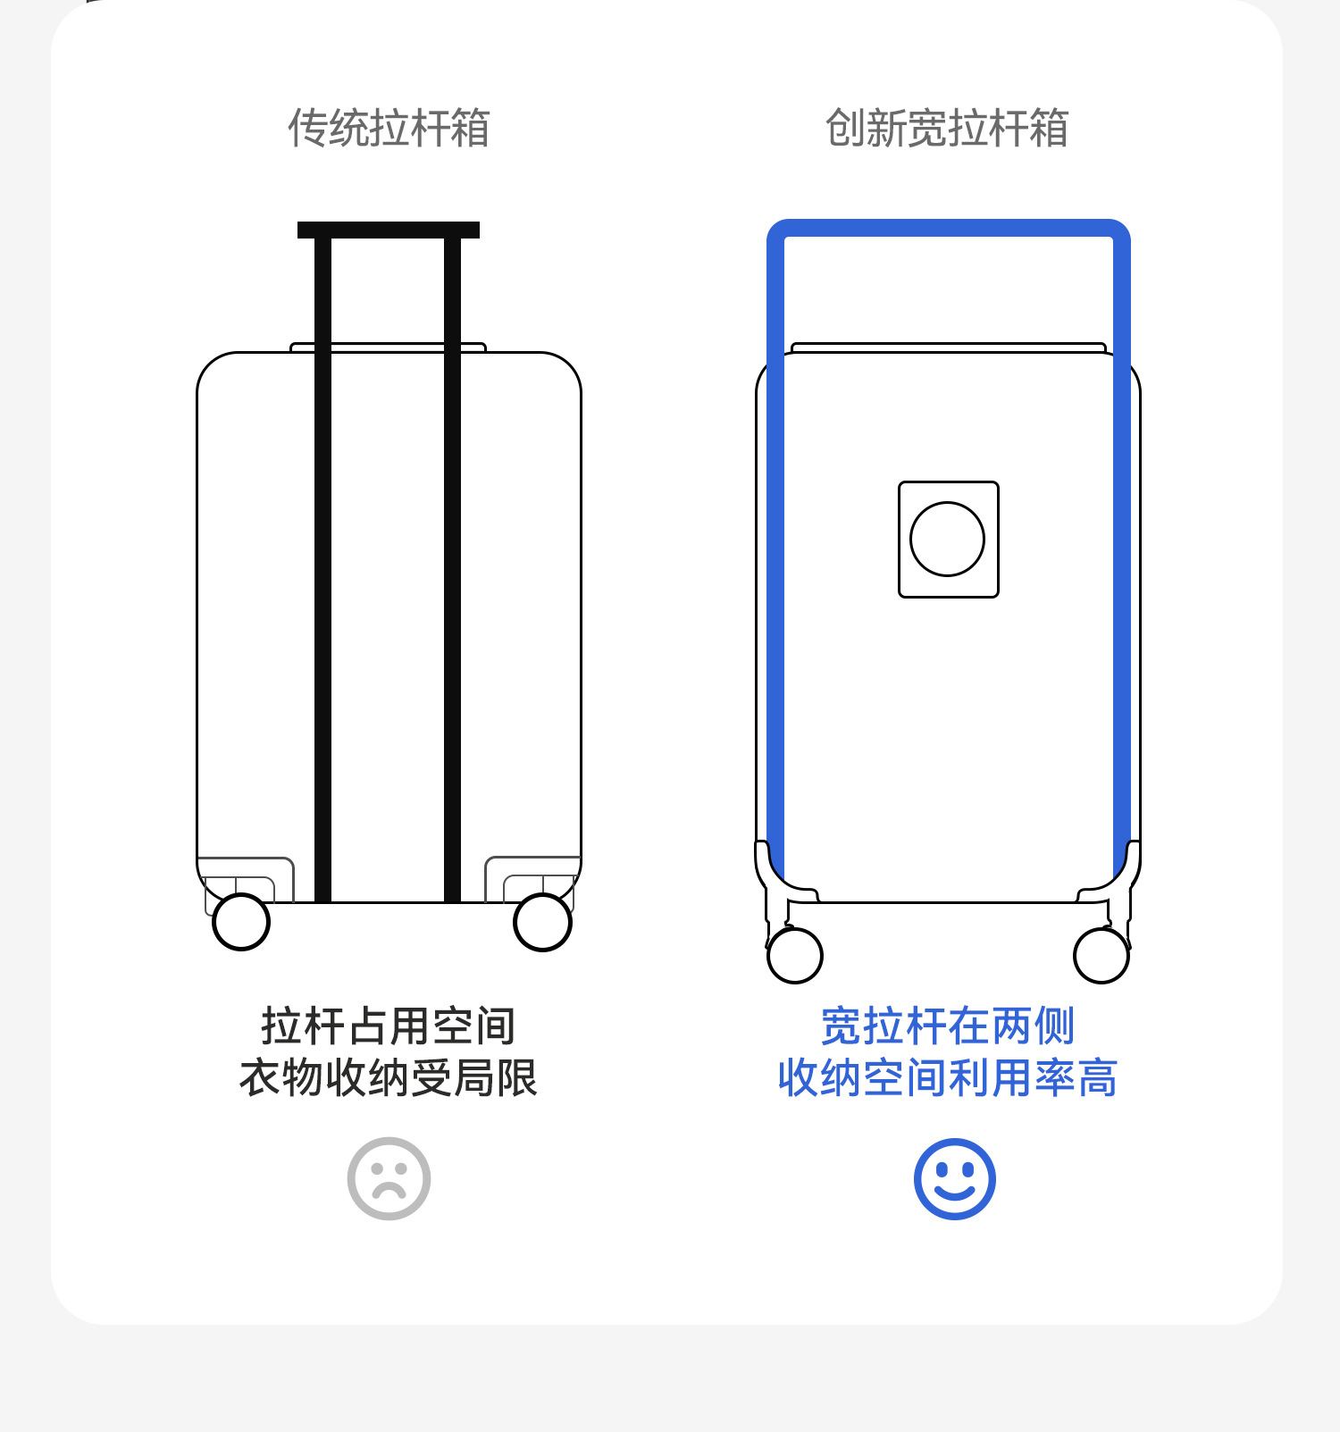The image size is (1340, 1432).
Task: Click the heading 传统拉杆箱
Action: click(389, 128)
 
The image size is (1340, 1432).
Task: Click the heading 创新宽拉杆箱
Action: click(947, 128)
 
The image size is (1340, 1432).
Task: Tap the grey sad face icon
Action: click(389, 1178)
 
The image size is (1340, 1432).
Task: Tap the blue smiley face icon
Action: click(954, 1178)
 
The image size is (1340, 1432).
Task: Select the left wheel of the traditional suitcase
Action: click(241, 922)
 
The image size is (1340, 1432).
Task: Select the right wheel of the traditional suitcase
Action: click(542, 923)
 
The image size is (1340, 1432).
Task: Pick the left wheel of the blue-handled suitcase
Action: click(795, 955)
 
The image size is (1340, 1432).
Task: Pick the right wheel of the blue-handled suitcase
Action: click(1101, 955)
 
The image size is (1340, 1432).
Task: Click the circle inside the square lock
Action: click(947, 539)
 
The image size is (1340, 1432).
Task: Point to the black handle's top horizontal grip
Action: click(389, 230)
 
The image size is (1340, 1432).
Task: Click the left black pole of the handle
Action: click(323, 572)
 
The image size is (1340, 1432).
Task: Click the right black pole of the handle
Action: click(453, 572)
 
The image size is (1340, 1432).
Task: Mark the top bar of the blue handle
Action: click(949, 228)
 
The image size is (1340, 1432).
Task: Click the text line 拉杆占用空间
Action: click(389, 1026)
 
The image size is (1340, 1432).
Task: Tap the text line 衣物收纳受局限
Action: click(389, 1077)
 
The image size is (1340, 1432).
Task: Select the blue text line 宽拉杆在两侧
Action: click(947, 1026)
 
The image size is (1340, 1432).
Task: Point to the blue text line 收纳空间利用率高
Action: click(947, 1077)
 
